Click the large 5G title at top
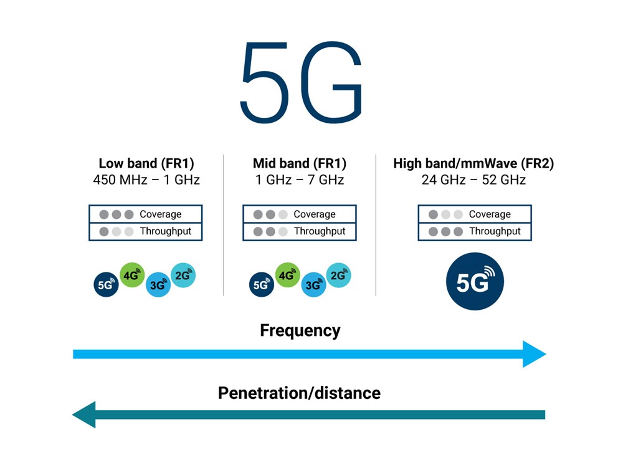pos(302,82)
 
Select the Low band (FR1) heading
pos(146,163)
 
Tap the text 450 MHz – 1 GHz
pos(146,180)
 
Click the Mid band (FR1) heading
pos(300,163)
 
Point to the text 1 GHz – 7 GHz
pos(300,180)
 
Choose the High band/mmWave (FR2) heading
pos(473,163)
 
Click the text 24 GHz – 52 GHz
pos(473,180)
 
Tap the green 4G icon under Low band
pos(132,275)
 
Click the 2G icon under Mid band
pos(338,275)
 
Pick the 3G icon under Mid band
pos(313,285)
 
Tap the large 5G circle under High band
pos(474,282)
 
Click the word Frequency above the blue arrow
pos(300,330)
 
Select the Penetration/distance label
pos(299,393)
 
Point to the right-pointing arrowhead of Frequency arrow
pos(535,354)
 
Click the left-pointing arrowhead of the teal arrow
pos(85,415)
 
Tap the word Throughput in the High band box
pos(495,231)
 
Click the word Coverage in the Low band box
pos(160,214)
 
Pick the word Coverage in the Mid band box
pos(314,214)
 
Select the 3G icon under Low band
pos(158,285)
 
